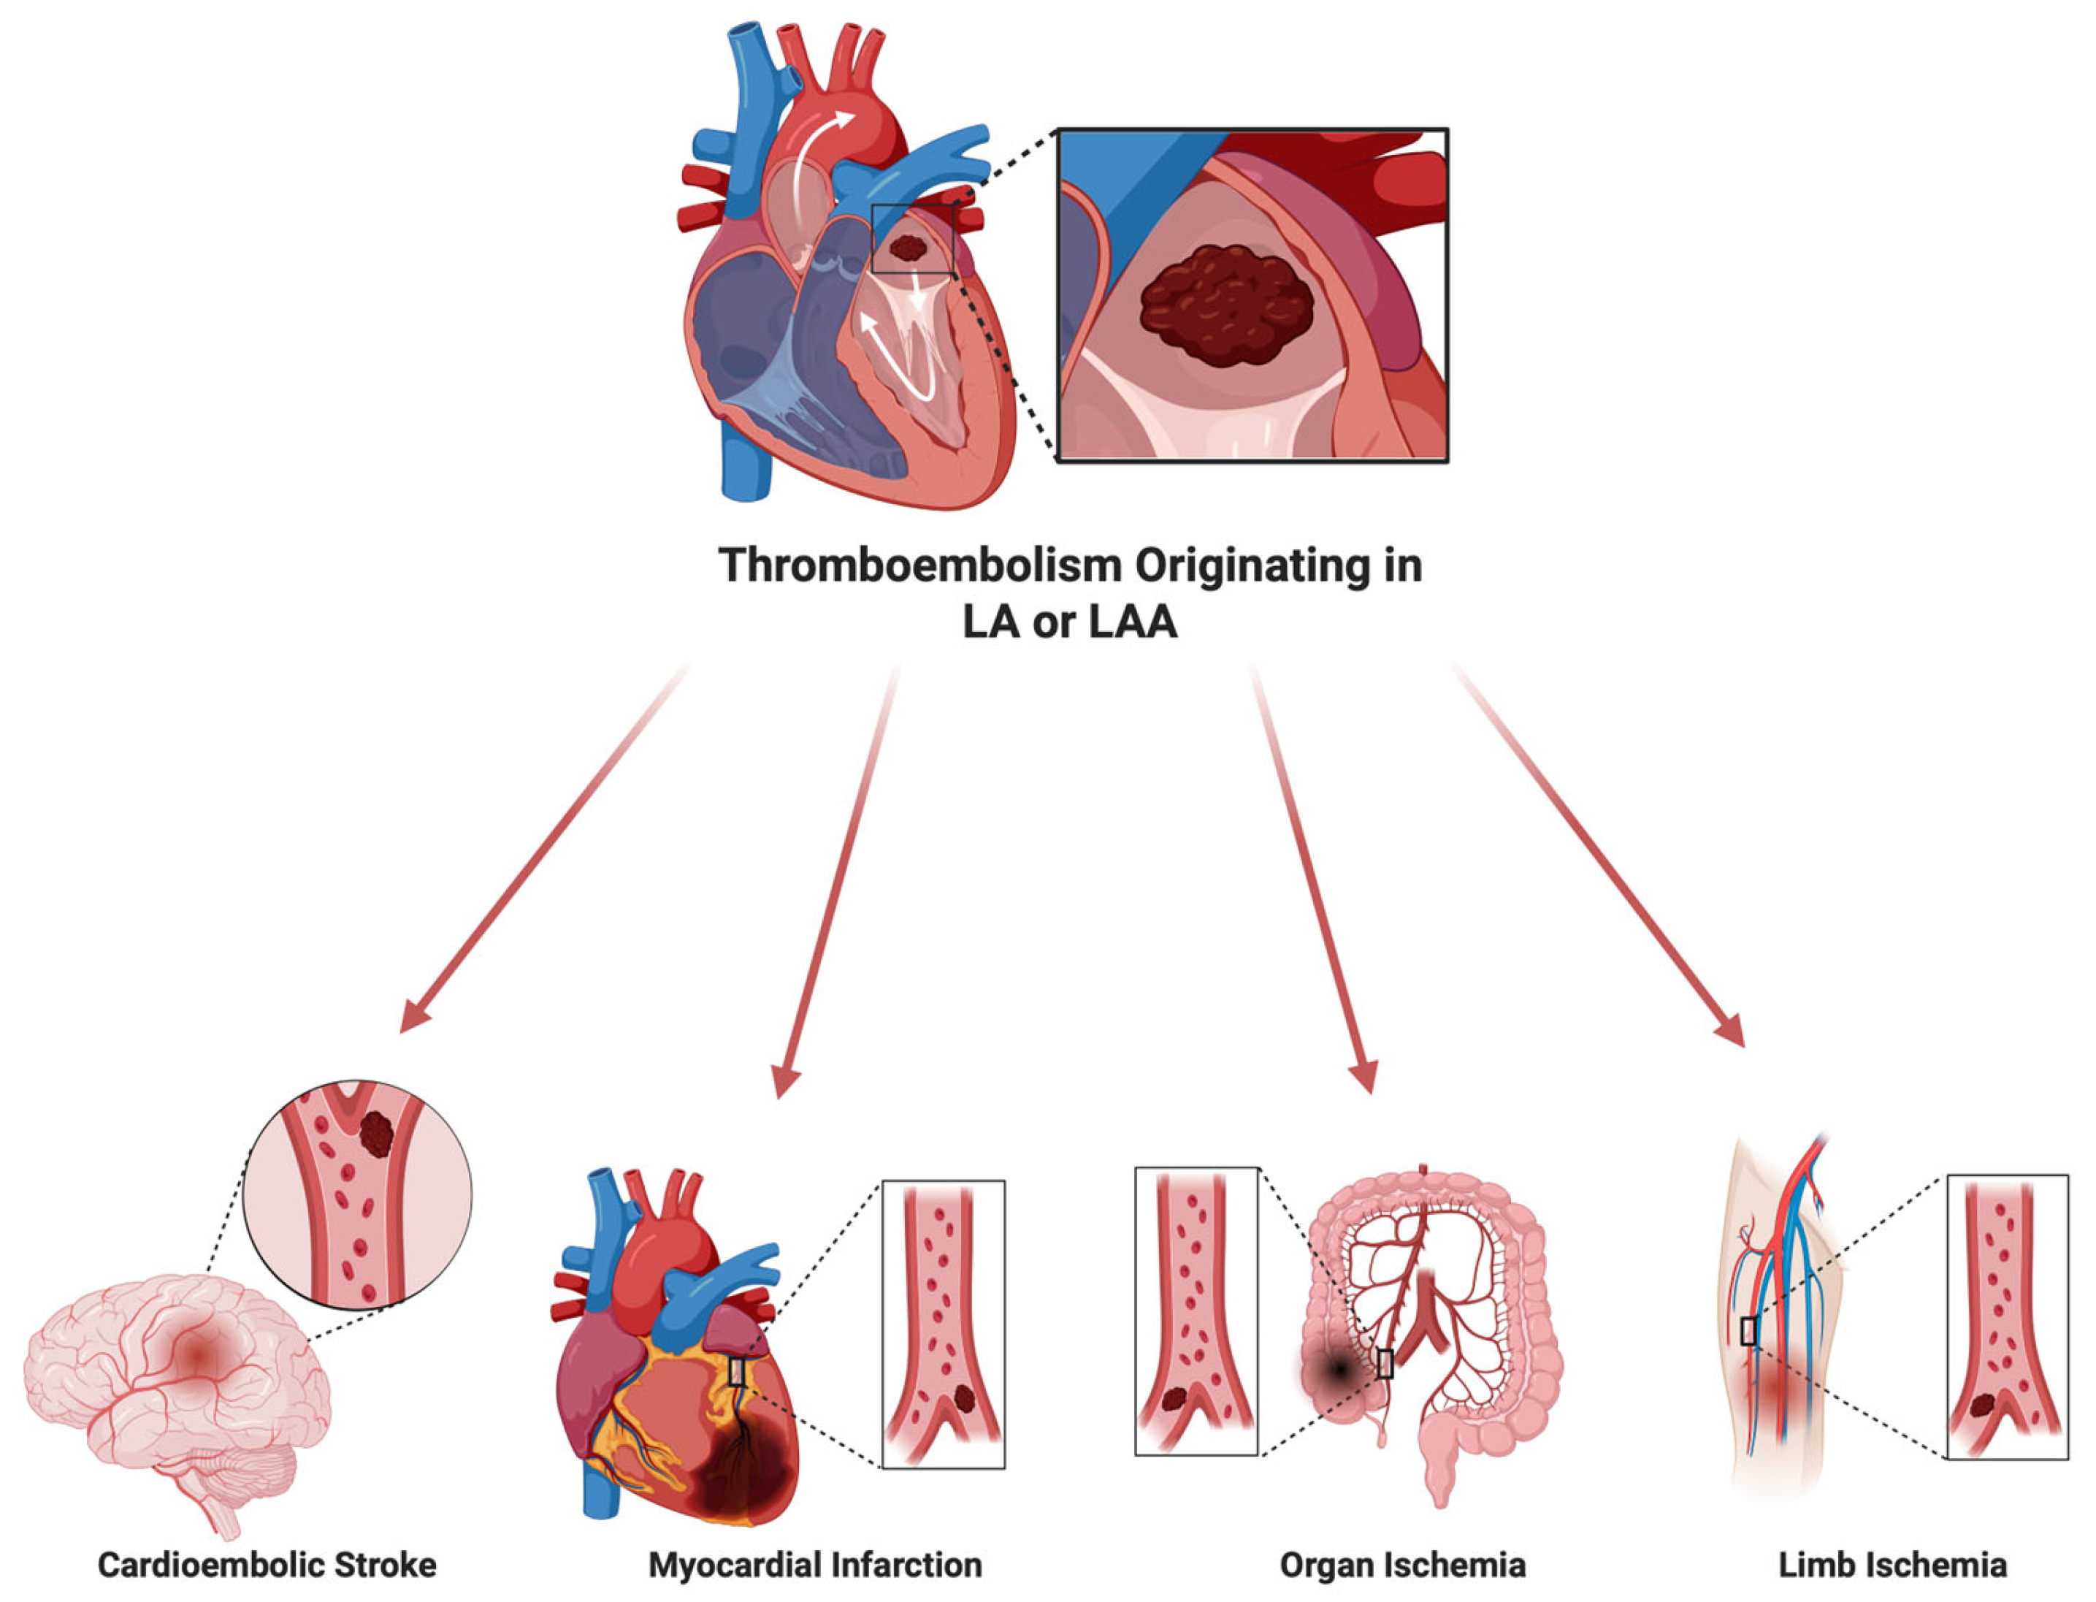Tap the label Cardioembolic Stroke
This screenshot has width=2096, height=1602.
tap(267, 1565)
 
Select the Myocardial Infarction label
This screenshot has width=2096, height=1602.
tap(815, 1565)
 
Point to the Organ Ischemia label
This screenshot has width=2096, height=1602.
tap(1402, 1565)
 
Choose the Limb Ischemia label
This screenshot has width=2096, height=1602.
tap(1892, 1565)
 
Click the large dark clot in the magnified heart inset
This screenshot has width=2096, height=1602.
tap(1227, 305)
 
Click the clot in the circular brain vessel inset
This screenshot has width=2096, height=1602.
tap(378, 1134)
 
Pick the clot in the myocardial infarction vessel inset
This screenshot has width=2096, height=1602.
tap(965, 1399)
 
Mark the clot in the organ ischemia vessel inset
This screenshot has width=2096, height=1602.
tap(1174, 1399)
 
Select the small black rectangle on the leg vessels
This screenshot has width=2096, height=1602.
tap(1748, 1331)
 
